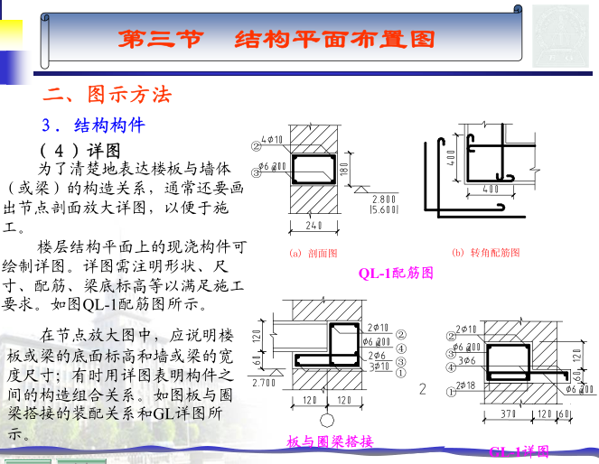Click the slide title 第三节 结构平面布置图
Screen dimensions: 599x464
(276, 40)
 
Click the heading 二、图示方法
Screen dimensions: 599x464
(108, 94)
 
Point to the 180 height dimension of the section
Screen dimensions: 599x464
(344, 169)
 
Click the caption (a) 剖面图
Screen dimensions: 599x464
(314, 253)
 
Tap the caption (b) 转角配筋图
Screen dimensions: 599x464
(487, 252)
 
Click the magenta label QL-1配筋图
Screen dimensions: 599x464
(396, 272)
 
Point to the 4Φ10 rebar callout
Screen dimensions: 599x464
(271, 140)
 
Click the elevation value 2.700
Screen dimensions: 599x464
(263, 383)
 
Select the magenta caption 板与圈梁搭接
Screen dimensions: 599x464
(330, 441)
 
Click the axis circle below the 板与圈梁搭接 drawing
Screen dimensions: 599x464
(328, 421)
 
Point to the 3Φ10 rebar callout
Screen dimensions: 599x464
(379, 367)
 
